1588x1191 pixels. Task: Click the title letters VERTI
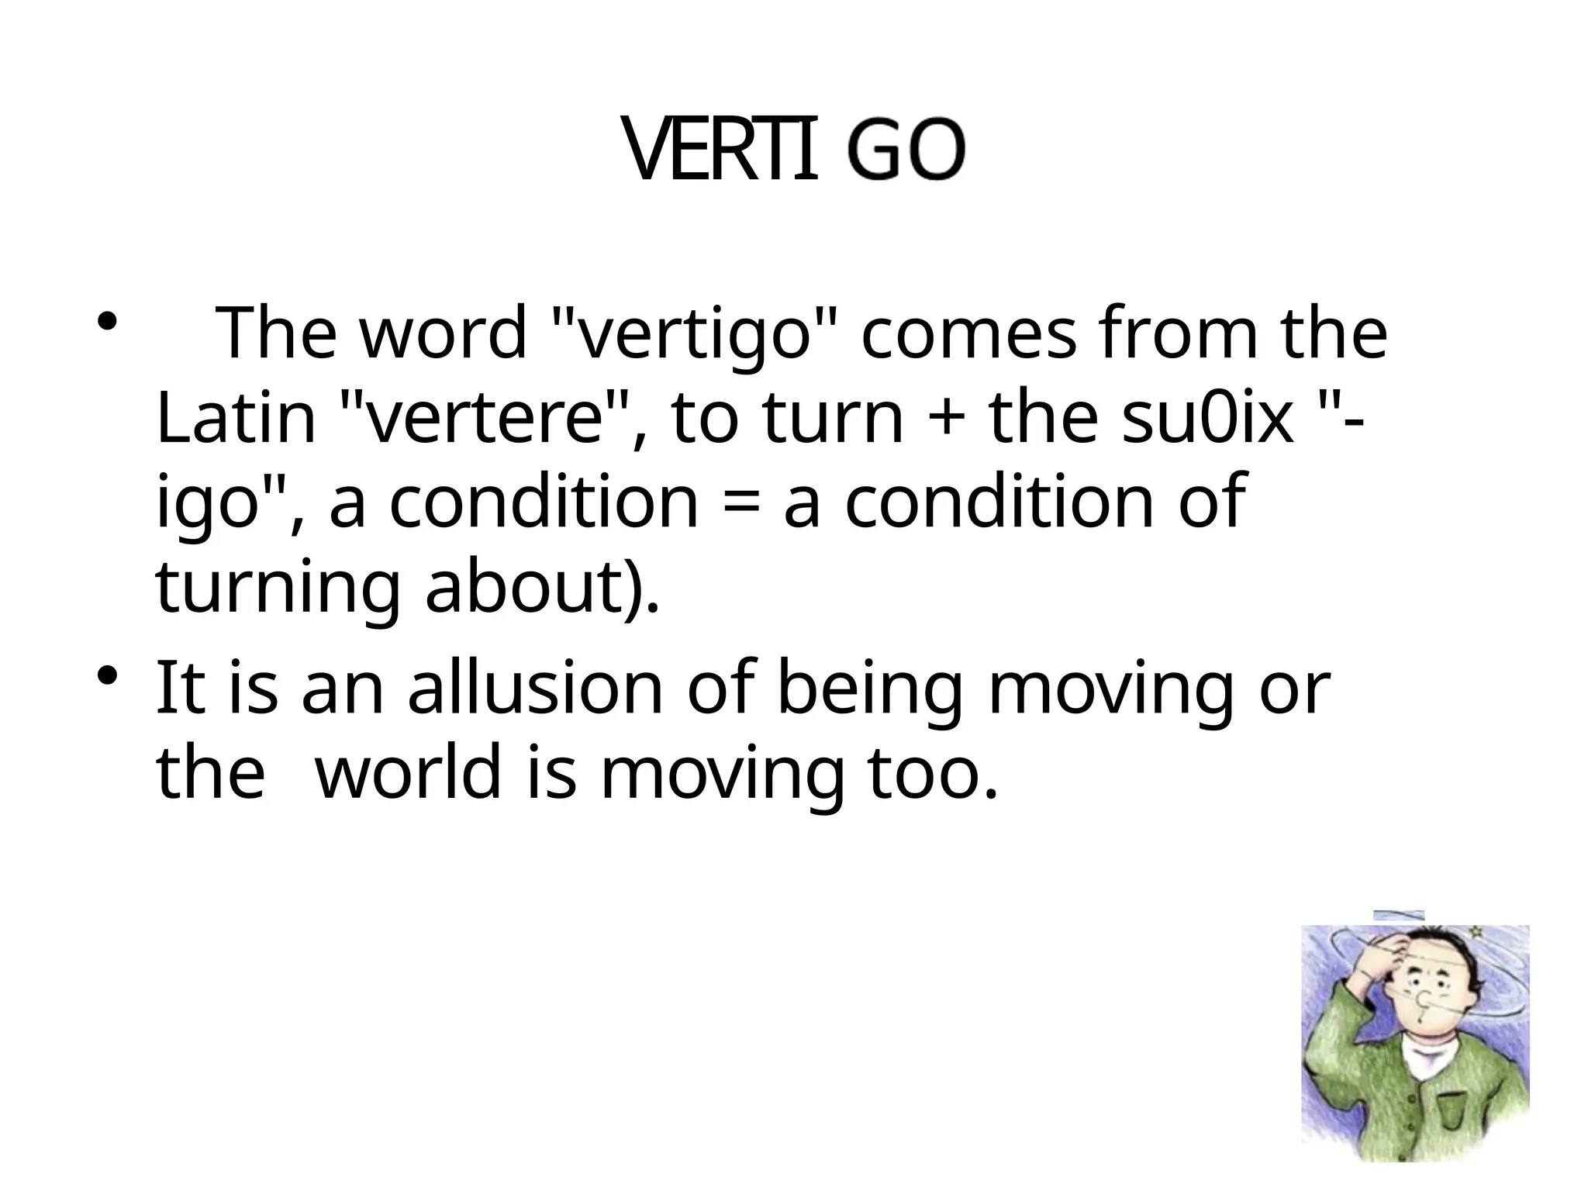click(x=722, y=152)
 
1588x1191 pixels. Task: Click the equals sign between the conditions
click(x=741, y=504)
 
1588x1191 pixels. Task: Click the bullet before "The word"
click(x=107, y=321)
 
